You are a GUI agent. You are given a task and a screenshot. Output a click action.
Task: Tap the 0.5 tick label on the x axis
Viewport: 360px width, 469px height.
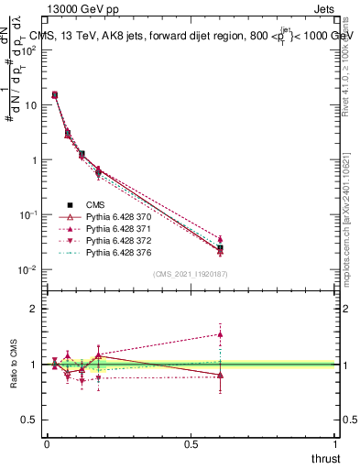(x=191, y=444)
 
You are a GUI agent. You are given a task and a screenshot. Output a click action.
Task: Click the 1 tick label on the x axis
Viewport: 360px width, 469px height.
(x=336, y=444)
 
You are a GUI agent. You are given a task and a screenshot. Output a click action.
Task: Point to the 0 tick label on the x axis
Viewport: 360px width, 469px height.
(x=47, y=444)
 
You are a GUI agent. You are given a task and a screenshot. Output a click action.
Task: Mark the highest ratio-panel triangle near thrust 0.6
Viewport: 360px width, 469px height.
(x=221, y=334)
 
